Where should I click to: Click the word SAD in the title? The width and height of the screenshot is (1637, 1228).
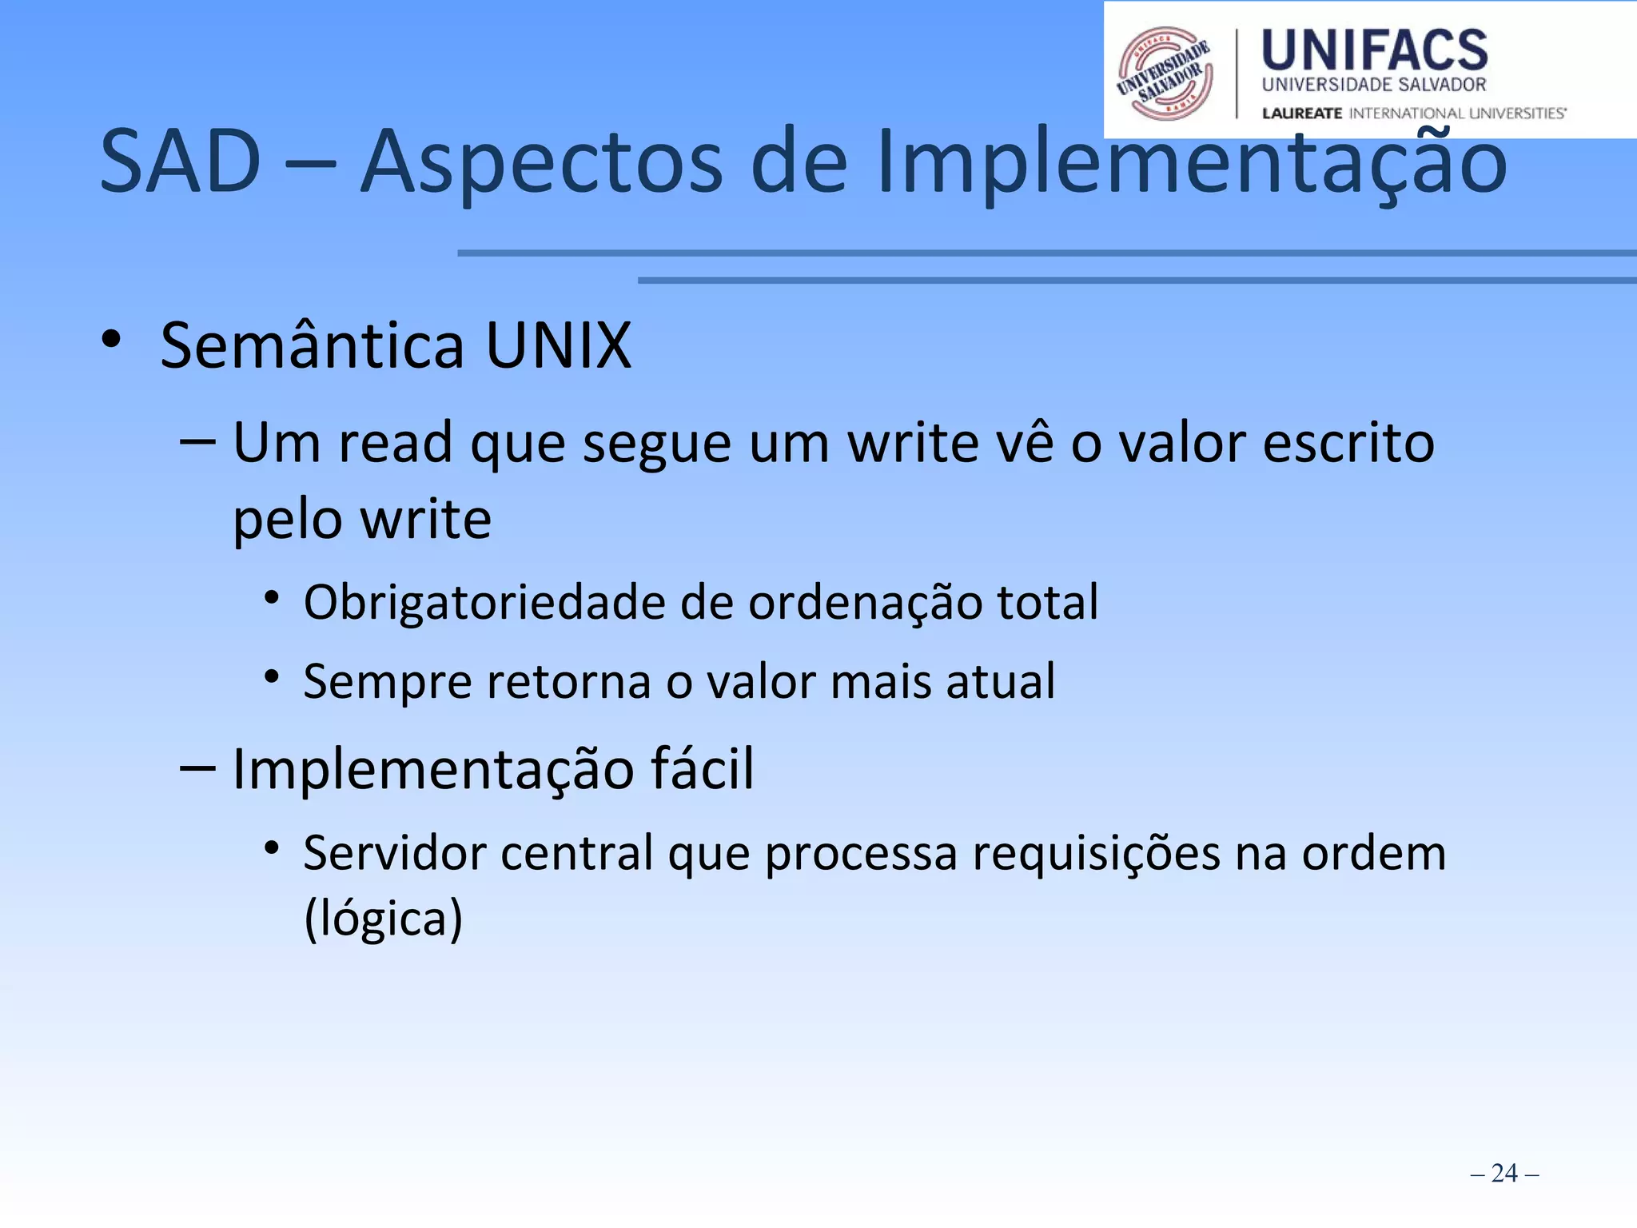pyautogui.click(x=181, y=162)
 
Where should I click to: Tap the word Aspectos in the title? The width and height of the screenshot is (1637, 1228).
pyautogui.click(x=543, y=162)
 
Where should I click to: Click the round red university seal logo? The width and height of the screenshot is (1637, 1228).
pyautogui.click(x=1165, y=74)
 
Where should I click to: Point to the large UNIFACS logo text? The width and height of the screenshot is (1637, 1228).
pyautogui.click(x=1375, y=50)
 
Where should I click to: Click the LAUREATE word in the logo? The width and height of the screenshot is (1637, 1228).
pyautogui.click(x=1302, y=114)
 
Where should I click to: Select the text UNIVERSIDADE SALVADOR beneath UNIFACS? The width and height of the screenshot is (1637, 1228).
pyautogui.click(x=1374, y=85)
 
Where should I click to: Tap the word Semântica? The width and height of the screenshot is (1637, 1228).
pyautogui.click(x=313, y=345)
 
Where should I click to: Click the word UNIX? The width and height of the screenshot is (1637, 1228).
pyautogui.click(x=559, y=345)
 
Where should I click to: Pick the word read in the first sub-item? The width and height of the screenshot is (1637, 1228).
pyautogui.click(x=396, y=443)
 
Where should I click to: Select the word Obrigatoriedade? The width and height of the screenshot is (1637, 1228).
pyautogui.click(x=484, y=602)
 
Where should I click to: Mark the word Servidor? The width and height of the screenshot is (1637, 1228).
pyautogui.click(x=395, y=853)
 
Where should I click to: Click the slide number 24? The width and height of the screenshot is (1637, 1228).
pyautogui.click(x=1504, y=1173)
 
